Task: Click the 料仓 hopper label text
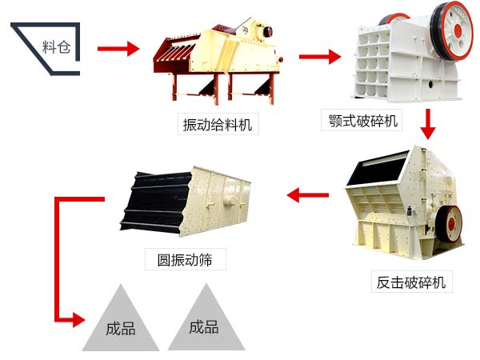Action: (x=56, y=46)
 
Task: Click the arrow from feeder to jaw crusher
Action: (x=319, y=57)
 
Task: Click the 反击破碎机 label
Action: (x=413, y=282)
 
